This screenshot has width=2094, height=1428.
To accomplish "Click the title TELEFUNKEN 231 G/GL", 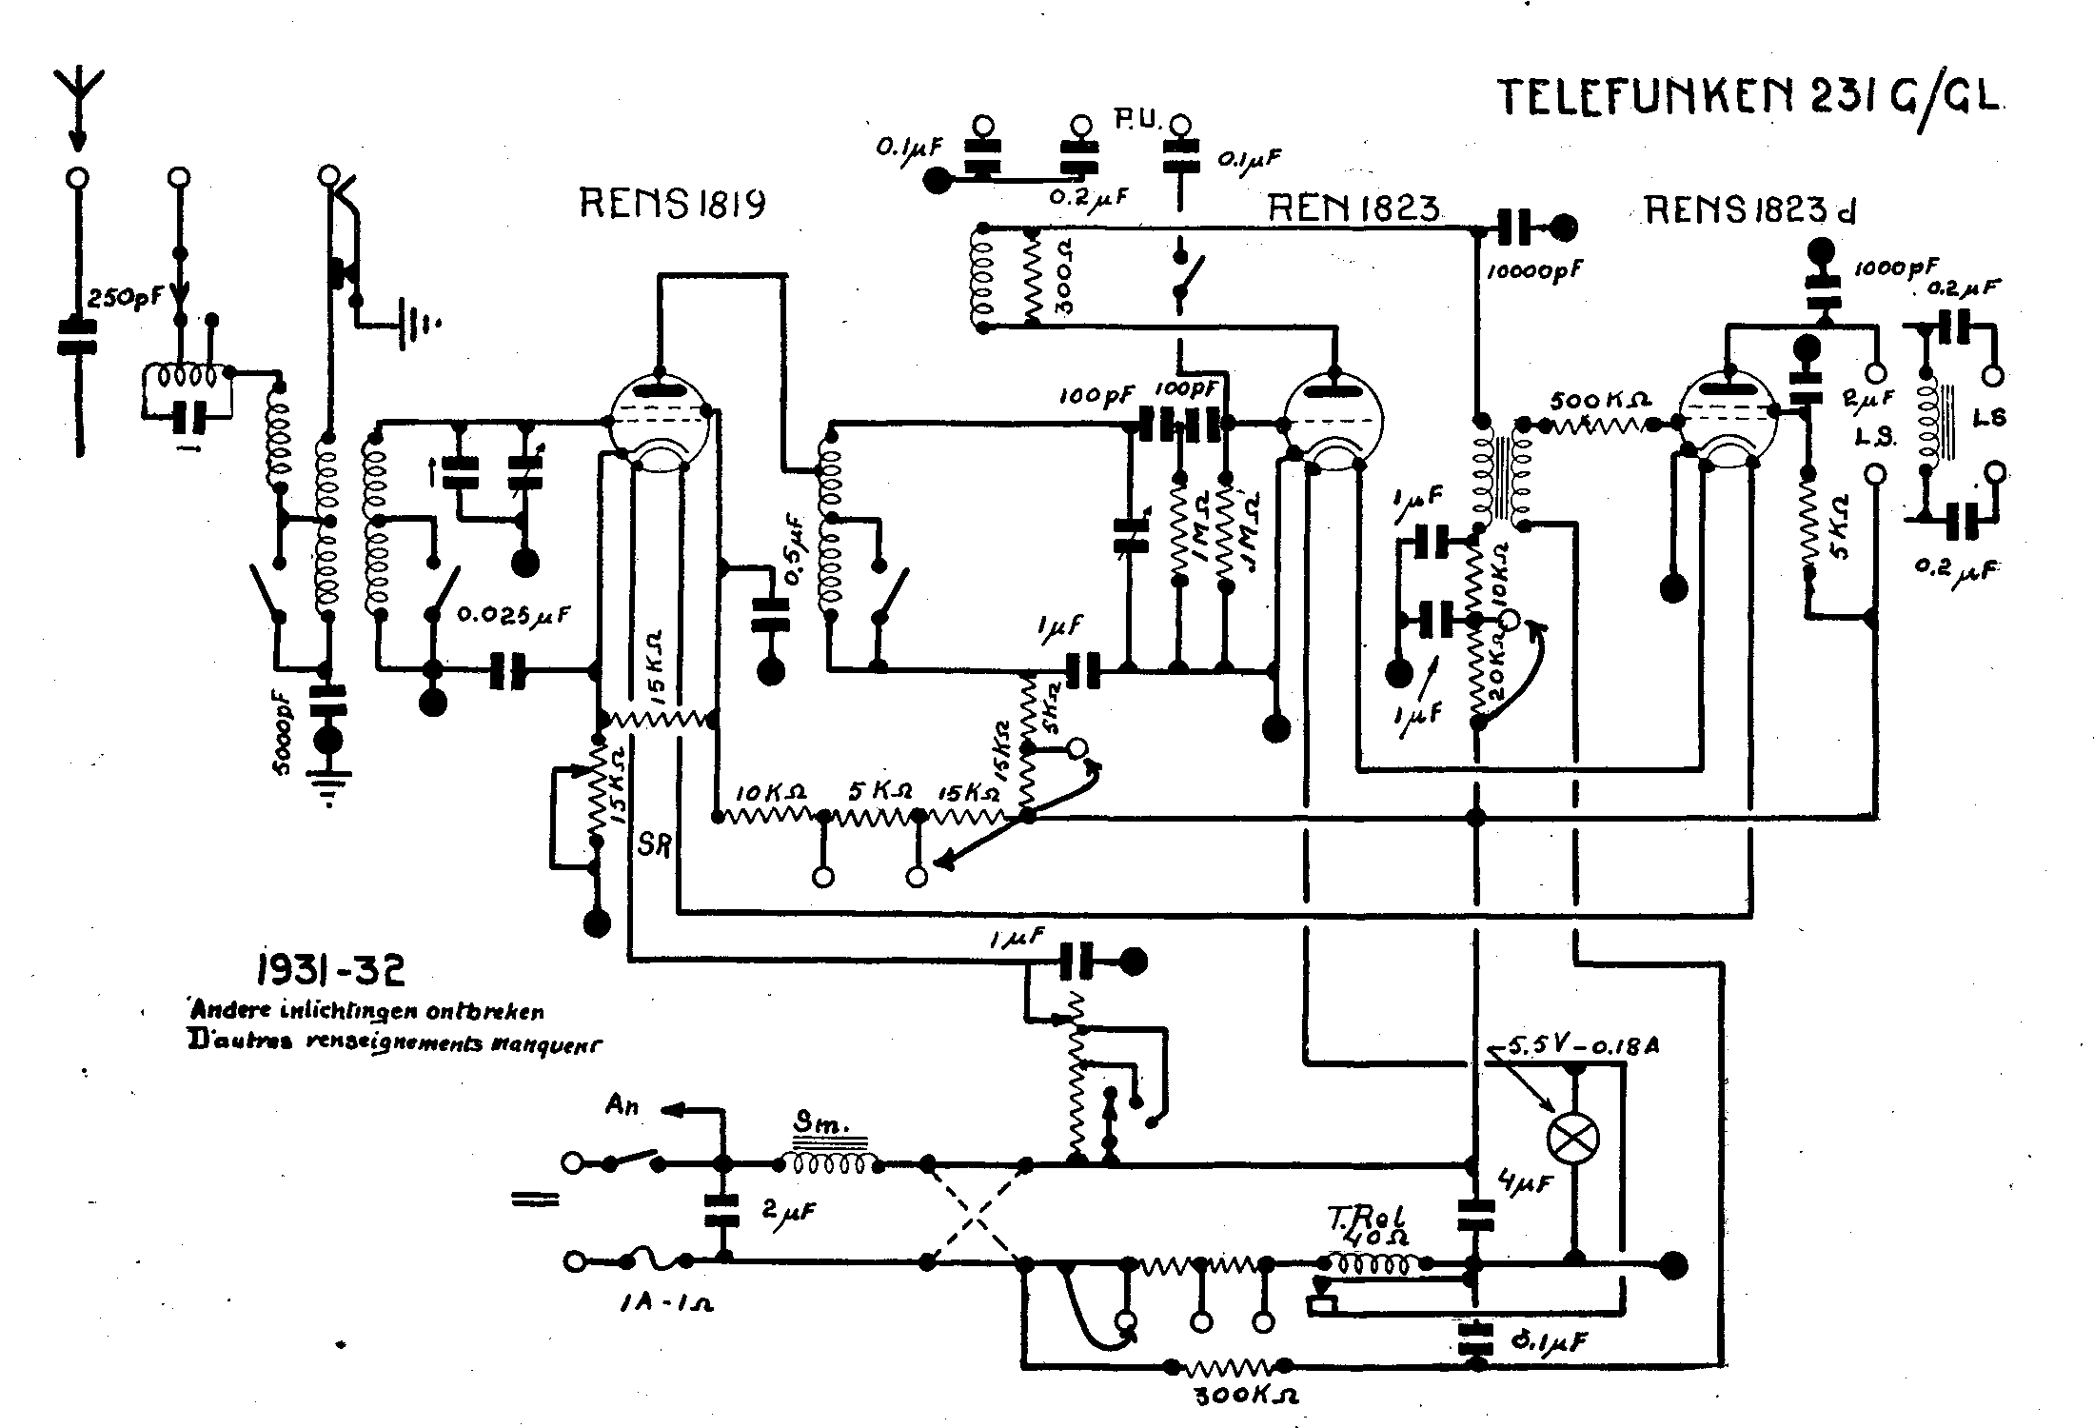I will click(1749, 98).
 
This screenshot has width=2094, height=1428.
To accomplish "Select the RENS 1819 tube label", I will click(673, 204).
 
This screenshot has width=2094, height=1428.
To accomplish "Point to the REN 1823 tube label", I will click(1353, 208).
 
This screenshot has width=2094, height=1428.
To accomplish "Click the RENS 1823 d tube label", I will click(1749, 209).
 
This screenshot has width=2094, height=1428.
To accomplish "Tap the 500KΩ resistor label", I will click(1600, 400).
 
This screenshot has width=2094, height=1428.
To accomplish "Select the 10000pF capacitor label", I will click(1534, 270).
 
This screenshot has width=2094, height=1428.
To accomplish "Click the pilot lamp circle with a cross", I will click(1574, 1138).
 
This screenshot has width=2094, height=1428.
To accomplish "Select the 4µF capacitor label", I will click(1524, 1183).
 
